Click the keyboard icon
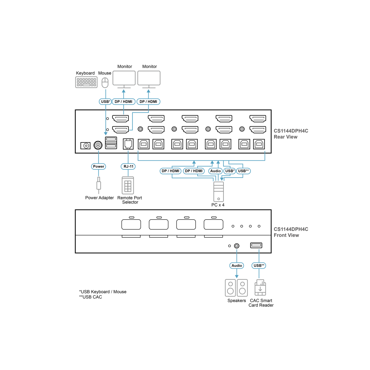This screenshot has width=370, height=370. pyautogui.click(x=86, y=83)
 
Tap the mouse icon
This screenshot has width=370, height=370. pyautogui.click(x=105, y=83)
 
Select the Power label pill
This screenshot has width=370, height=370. pyautogui.click(x=98, y=166)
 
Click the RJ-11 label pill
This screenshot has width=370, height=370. pyautogui.click(x=128, y=166)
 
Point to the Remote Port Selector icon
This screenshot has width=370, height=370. pyautogui.click(x=128, y=185)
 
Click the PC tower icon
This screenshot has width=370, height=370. pyautogui.click(x=219, y=191)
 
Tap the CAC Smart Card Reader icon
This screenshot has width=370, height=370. pyautogui.click(x=260, y=287)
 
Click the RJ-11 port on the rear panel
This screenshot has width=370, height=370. pyautogui.click(x=128, y=144)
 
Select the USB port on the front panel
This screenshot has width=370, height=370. pyautogui.click(x=256, y=245)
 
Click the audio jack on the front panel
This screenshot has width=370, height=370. pyautogui.click(x=237, y=246)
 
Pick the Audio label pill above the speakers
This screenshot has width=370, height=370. pyautogui.click(x=237, y=265)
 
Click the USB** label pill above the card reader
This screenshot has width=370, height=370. pyautogui.click(x=259, y=265)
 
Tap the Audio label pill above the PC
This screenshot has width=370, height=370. pyautogui.click(x=215, y=171)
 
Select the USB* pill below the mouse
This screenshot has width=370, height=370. pyautogui.click(x=105, y=102)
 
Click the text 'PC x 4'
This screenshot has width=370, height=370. pyautogui.click(x=218, y=205)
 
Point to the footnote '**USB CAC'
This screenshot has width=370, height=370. pyautogui.click(x=91, y=297)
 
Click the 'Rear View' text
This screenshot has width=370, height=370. pyautogui.click(x=286, y=137)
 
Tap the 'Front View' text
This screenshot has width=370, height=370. pyautogui.click(x=286, y=235)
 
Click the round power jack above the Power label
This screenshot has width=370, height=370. pyautogui.click(x=98, y=145)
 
